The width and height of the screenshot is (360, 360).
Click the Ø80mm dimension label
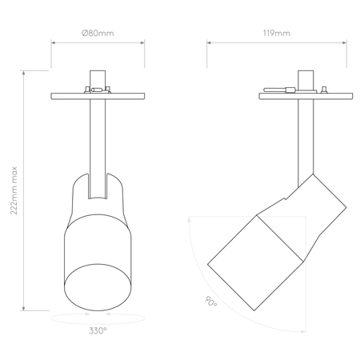98,34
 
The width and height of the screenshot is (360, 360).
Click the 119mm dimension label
277,34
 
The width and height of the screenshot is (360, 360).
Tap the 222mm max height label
14,190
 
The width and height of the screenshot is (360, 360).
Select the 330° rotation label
98,330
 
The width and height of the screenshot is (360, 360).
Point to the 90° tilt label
210,302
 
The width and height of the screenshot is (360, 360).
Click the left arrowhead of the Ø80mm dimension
53,42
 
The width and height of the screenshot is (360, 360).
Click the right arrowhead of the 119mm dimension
345,42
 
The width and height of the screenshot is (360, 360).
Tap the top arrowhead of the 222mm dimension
24,73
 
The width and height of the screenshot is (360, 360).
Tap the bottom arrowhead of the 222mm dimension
24,309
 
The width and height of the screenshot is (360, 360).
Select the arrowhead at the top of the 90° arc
189,219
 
